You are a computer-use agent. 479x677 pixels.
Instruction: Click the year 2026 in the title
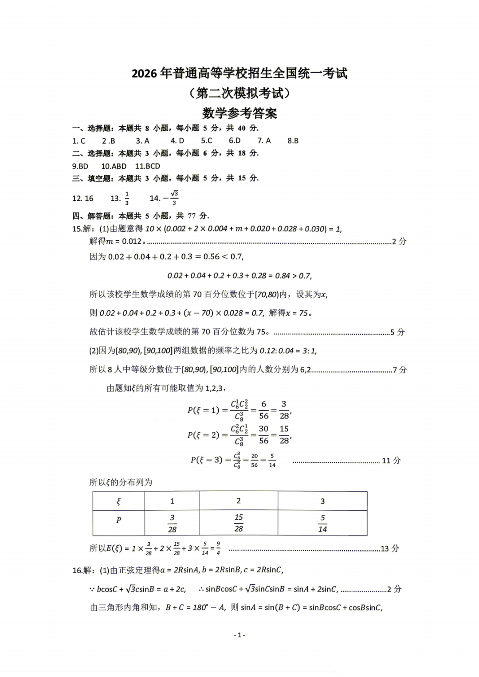click(144, 74)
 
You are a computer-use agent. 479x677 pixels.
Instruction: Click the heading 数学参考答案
click(239, 113)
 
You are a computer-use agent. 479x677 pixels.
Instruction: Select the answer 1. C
click(79, 141)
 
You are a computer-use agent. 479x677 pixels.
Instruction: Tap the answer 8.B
click(293, 141)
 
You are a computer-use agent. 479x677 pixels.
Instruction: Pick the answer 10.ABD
click(114, 166)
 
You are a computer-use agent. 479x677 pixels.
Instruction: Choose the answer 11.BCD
click(148, 166)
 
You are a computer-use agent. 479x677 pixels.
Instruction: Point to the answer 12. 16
click(83, 198)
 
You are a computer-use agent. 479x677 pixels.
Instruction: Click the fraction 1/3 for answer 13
click(127, 198)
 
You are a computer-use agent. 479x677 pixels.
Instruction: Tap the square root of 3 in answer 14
click(174, 194)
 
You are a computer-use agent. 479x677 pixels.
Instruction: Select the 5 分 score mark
click(397, 332)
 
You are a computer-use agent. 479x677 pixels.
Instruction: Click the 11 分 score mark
click(391, 461)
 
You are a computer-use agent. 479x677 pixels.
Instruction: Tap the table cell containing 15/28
click(239, 523)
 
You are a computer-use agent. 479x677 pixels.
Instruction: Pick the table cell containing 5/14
click(322, 523)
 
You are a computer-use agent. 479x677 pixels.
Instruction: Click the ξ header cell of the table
click(118, 501)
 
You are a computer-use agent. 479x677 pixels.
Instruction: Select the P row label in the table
click(118, 520)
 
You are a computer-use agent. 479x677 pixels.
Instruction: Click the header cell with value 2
click(239, 501)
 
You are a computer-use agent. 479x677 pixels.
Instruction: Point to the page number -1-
click(239, 635)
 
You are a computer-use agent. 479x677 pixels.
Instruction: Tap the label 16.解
click(83, 570)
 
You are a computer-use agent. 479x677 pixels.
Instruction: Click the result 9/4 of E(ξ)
click(218, 548)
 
